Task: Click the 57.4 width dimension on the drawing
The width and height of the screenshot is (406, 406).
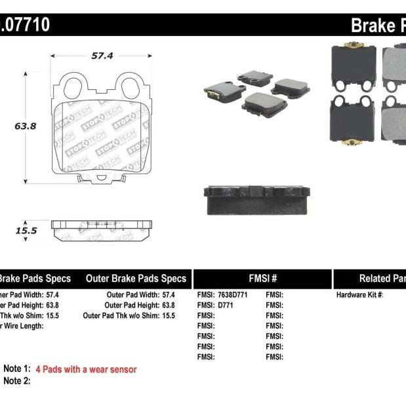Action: (x=102, y=56)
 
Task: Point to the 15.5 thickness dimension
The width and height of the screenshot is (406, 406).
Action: (x=26, y=230)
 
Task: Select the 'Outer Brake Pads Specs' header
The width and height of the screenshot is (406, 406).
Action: (x=136, y=278)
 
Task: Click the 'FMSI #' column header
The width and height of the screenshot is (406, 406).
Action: (x=262, y=278)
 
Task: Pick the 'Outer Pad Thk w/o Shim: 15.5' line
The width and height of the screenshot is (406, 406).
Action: (x=129, y=315)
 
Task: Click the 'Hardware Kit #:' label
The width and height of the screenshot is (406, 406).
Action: (x=359, y=295)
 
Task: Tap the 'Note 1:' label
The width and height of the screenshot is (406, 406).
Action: (x=17, y=369)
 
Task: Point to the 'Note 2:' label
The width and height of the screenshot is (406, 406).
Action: (x=17, y=380)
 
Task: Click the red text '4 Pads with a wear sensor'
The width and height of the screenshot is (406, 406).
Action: (x=86, y=369)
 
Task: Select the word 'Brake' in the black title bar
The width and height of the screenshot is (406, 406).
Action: (x=373, y=26)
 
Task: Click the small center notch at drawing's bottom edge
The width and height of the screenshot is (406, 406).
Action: (x=102, y=177)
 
